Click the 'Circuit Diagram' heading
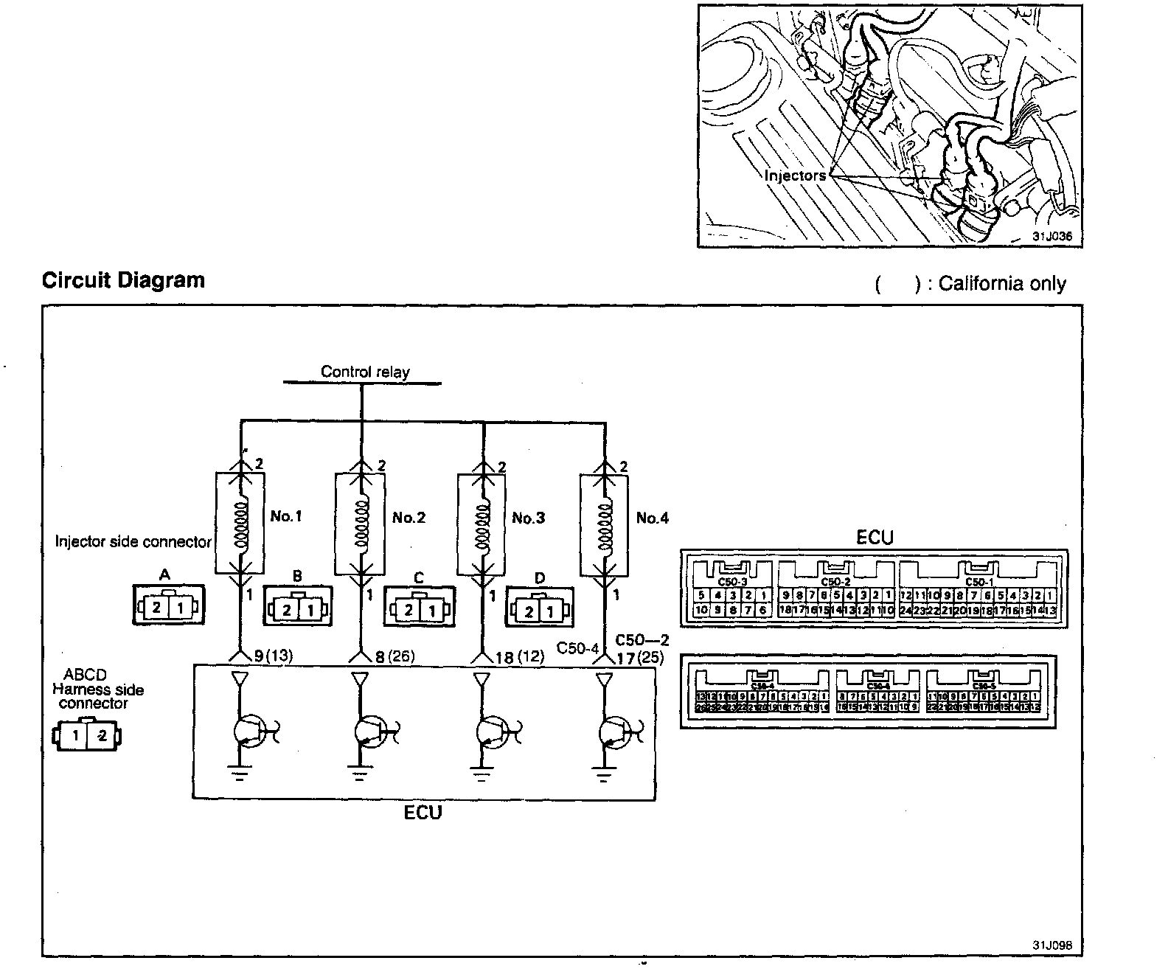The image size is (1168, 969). pyautogui.click(x=123, y=281)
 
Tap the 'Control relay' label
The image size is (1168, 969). pyautogui.click(x=364, y=372)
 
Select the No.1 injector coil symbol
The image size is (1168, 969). pyautogui.click(x=239, y=524)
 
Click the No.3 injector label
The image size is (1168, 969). pyautogui.click(x=528, y=518)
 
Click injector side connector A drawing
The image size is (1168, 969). pyautogui.click(x=167, y=607)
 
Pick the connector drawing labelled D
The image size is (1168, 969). pyautogui.click(x=540, y=609)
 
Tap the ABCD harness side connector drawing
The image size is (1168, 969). pyautogui.click(x=88, y=735)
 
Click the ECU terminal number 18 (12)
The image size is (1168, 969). pyautogui.click(x=520, y=656)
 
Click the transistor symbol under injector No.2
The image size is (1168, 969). pyautogui.click(x=369, y=732)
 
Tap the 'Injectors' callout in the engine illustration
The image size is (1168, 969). pyautogui.click(x=795, y=176)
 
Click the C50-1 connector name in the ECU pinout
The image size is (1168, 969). pyautogui.click(x=979, y=582)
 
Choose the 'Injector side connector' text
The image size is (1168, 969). pyautogui.click(x=133, y=541)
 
